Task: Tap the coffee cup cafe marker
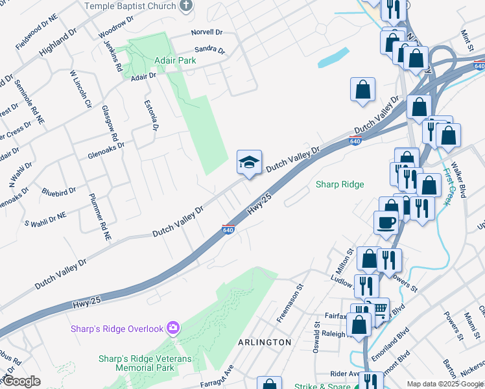click(386, 222)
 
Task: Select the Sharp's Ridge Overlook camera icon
click(172, 328)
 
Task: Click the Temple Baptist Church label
click(132, 6)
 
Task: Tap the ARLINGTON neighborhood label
click(265, 342)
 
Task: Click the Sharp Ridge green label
click(340, 184)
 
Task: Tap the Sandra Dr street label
click(209, 50)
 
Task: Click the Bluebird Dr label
click(58, 191)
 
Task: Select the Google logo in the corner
click(21, 381)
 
